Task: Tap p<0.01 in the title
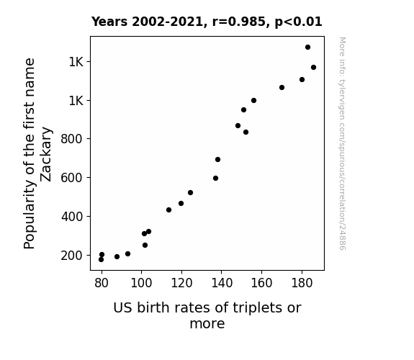click(298, 22)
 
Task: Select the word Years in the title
click(109, 22)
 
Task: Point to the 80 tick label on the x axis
click(102, 283)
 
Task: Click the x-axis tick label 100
click(142, 283)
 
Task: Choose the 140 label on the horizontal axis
click(222, 283)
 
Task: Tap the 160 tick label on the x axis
click(261, 283)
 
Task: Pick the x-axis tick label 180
click(302, 283)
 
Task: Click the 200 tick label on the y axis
click(72, 256)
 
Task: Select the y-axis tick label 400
click(72, 217)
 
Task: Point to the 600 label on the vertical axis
click(72, 178)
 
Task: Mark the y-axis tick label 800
click(72, 139)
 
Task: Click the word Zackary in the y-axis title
click(45, 155)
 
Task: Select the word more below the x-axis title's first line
click(207, 324)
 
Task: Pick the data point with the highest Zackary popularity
click(307, 48)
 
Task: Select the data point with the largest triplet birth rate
click(313, 68)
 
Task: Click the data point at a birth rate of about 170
click(282, 87)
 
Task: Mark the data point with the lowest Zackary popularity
click(101, 260)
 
